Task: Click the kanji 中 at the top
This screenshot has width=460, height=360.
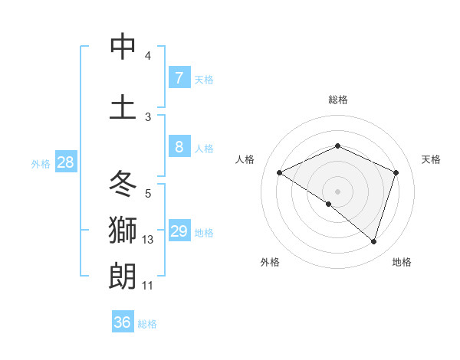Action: pos(123,47)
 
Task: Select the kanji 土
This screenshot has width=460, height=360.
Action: pos(123,106)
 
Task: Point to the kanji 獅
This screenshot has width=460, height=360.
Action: pos(123,229)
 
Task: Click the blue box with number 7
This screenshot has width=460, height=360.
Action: pos(179,78)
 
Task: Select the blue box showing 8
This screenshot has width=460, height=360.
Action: pos(179,147)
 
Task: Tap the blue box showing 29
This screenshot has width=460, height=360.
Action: pos(179,231)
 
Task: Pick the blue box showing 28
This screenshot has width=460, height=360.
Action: pos(65,162)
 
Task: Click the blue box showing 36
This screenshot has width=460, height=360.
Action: pos(123,322)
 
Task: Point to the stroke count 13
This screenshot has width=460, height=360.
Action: pos(148,240)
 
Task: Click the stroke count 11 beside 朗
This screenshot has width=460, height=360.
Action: pos(148,286)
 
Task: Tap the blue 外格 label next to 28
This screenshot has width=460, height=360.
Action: pos(40,163)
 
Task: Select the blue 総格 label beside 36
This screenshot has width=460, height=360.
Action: pos(147,323)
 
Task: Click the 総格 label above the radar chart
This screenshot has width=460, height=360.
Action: pos(337,100)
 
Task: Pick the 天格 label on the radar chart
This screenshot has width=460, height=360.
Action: pos(431,159)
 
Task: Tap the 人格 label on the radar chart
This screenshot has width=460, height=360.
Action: pos(245,159)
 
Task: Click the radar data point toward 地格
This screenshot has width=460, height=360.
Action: pos(373,242)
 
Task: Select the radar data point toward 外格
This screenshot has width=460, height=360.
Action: pos(329,204)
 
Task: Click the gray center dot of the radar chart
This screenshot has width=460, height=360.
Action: pos(337,191)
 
